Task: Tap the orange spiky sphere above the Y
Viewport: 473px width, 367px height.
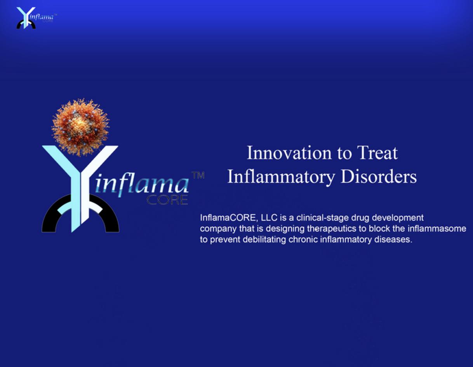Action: (x=80, y=128)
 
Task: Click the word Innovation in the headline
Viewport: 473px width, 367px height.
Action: (x=289, y=153)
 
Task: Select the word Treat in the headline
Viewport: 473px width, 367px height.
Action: (x=377, y=153)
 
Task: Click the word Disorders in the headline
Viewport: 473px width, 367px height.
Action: (x=379, y=177)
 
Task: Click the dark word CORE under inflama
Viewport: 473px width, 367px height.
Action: (x=167, y=200)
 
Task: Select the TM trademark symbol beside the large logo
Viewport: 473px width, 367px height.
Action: (x=198, y=175)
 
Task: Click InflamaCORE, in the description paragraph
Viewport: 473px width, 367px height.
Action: (x=229, y=218)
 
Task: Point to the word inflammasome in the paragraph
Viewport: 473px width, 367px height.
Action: (x=437, y=229)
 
